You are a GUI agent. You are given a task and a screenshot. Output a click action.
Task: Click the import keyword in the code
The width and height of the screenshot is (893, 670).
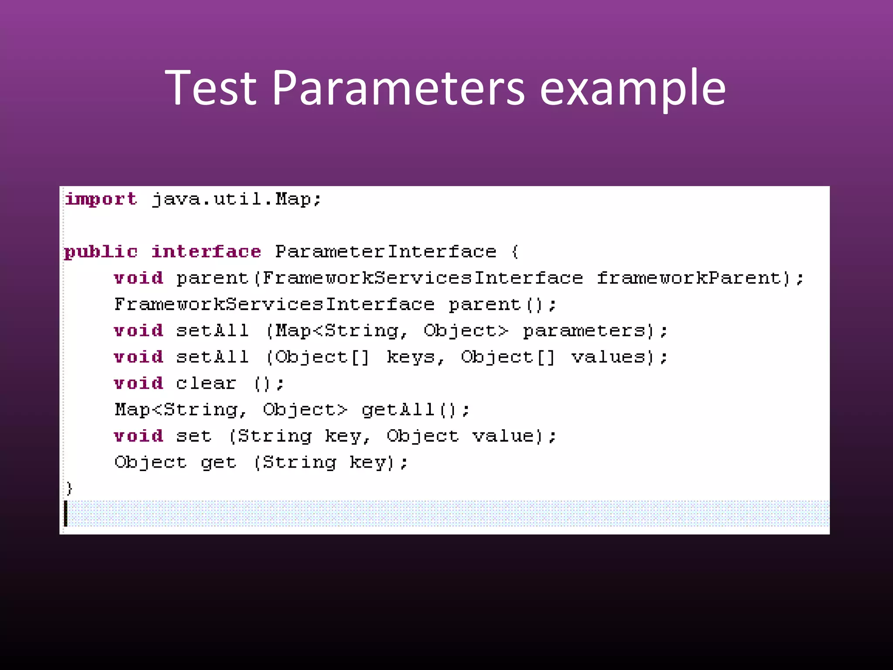[101, 199]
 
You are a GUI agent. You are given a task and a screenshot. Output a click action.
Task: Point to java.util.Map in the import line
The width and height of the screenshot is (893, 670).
[231, 199]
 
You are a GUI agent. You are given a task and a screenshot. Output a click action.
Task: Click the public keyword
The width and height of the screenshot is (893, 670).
[101, 252]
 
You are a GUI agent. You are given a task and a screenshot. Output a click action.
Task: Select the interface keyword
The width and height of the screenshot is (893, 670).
[206, 252]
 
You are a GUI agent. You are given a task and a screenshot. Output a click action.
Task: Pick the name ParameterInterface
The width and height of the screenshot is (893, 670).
[385, 252]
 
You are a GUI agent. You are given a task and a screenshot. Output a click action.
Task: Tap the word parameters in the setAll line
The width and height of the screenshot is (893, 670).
[584, 331]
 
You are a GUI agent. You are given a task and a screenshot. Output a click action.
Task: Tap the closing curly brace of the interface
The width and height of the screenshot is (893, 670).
[69, 489]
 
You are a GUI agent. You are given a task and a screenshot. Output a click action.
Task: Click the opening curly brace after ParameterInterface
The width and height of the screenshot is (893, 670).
[515, 252]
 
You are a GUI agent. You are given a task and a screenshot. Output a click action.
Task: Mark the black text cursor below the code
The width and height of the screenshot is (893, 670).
[66, 513]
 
